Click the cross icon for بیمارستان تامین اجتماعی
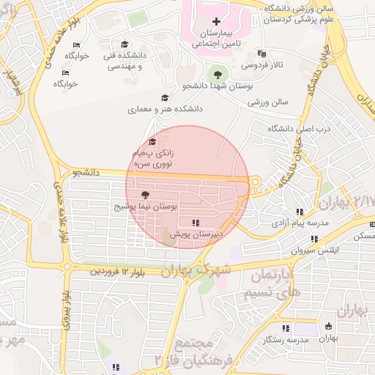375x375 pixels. [215, 21]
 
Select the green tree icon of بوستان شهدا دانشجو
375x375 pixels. [216, 73]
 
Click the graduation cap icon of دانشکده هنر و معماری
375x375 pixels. [164, 98]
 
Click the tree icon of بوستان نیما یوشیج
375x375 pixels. [144, 195]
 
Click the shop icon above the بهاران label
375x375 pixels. [327, 326]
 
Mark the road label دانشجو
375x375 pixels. [86, 173]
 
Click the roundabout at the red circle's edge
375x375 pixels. [255, 182]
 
